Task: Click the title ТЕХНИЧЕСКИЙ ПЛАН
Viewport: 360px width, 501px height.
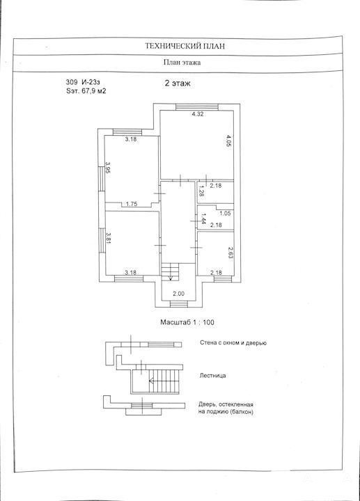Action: pos(185,46)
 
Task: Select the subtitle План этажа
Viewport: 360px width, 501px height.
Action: pos(182,63)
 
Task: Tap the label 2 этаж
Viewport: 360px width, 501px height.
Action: pos(178,83)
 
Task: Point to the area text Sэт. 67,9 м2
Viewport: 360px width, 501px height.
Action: pos(86,91)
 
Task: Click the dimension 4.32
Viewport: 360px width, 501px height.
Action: pos(198,113)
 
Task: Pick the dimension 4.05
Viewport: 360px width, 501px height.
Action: pos(228,141)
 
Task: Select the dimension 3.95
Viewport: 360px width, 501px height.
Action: pos(108,168)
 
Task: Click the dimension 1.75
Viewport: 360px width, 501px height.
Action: pos(132,204)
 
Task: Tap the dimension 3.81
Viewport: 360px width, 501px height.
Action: pos(108,237)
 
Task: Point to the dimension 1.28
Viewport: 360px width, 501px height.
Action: pos(201,191)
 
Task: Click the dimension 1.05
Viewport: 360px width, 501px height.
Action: pos(225,214)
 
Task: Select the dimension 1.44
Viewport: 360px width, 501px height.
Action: pos(203,219)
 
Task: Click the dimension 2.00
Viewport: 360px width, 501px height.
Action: pos(178,294)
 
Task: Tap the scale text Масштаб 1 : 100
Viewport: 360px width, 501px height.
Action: pos(187,322)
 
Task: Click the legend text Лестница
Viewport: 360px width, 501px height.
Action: pos(212,376)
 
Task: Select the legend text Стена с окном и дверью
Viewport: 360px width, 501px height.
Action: pos(233,343)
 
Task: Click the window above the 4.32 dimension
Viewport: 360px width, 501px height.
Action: pos(197,107)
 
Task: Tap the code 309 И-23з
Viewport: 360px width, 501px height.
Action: pos(83,82)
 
